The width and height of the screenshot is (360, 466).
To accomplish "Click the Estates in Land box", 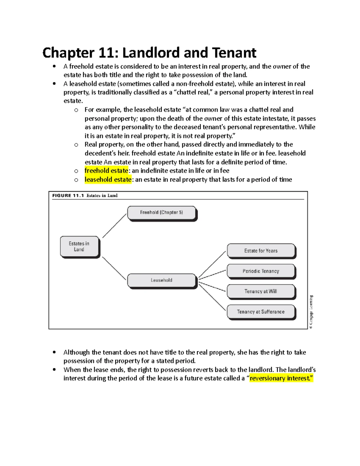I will coord(79,246).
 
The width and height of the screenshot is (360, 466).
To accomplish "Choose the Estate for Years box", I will coord(261,251).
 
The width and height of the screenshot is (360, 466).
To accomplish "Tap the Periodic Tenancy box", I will coord(261,271).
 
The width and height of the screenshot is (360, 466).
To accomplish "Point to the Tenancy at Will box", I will coord(261,291).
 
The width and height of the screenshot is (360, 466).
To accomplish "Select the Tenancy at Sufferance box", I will coord(261,312).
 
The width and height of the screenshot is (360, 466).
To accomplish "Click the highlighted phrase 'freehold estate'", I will coord(106,171).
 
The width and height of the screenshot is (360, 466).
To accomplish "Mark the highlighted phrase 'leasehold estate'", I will coord(108,179).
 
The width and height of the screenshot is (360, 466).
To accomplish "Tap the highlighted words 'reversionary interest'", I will coord(281,378).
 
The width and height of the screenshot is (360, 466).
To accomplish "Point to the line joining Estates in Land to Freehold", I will coord(114,226).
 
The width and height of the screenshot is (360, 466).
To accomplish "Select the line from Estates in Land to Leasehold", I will coord(114,268).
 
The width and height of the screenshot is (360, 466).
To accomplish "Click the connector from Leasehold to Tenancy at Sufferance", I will coord(212,297).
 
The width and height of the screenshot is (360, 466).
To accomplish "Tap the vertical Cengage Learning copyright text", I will coord(311,312).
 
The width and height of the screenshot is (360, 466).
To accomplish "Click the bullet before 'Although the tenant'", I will coord(54,352).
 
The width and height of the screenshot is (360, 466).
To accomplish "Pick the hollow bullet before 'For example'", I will coord(76,110).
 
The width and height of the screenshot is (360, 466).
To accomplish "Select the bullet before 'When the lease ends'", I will coord(54,370).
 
